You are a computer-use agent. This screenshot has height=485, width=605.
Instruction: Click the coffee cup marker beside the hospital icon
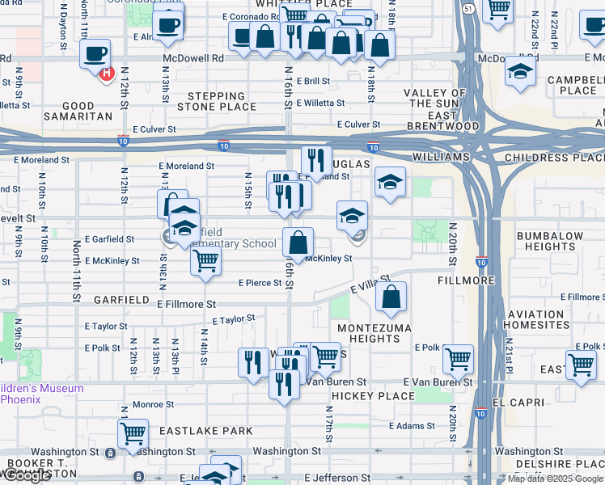click(x=95, y=55)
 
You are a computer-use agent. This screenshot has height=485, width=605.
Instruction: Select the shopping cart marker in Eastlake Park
click(x=133, y=432)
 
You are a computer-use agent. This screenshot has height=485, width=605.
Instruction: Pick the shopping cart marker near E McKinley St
click(x=206, y=261)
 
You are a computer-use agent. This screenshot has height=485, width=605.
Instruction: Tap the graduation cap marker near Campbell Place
click(x=520, y=71)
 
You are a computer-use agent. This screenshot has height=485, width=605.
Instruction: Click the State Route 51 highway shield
click(x=467, y=7)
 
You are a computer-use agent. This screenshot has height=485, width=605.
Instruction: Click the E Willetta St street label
click(x=320, y=103)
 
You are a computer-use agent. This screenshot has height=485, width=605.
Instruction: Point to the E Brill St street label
click(x=313, y=82)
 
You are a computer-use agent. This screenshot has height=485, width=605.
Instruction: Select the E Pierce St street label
click(x=258, y=283)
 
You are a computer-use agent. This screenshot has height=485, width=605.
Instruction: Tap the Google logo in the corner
click(x=27, y=475)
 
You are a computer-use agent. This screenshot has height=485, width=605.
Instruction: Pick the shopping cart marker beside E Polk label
click(x=459, y=358)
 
